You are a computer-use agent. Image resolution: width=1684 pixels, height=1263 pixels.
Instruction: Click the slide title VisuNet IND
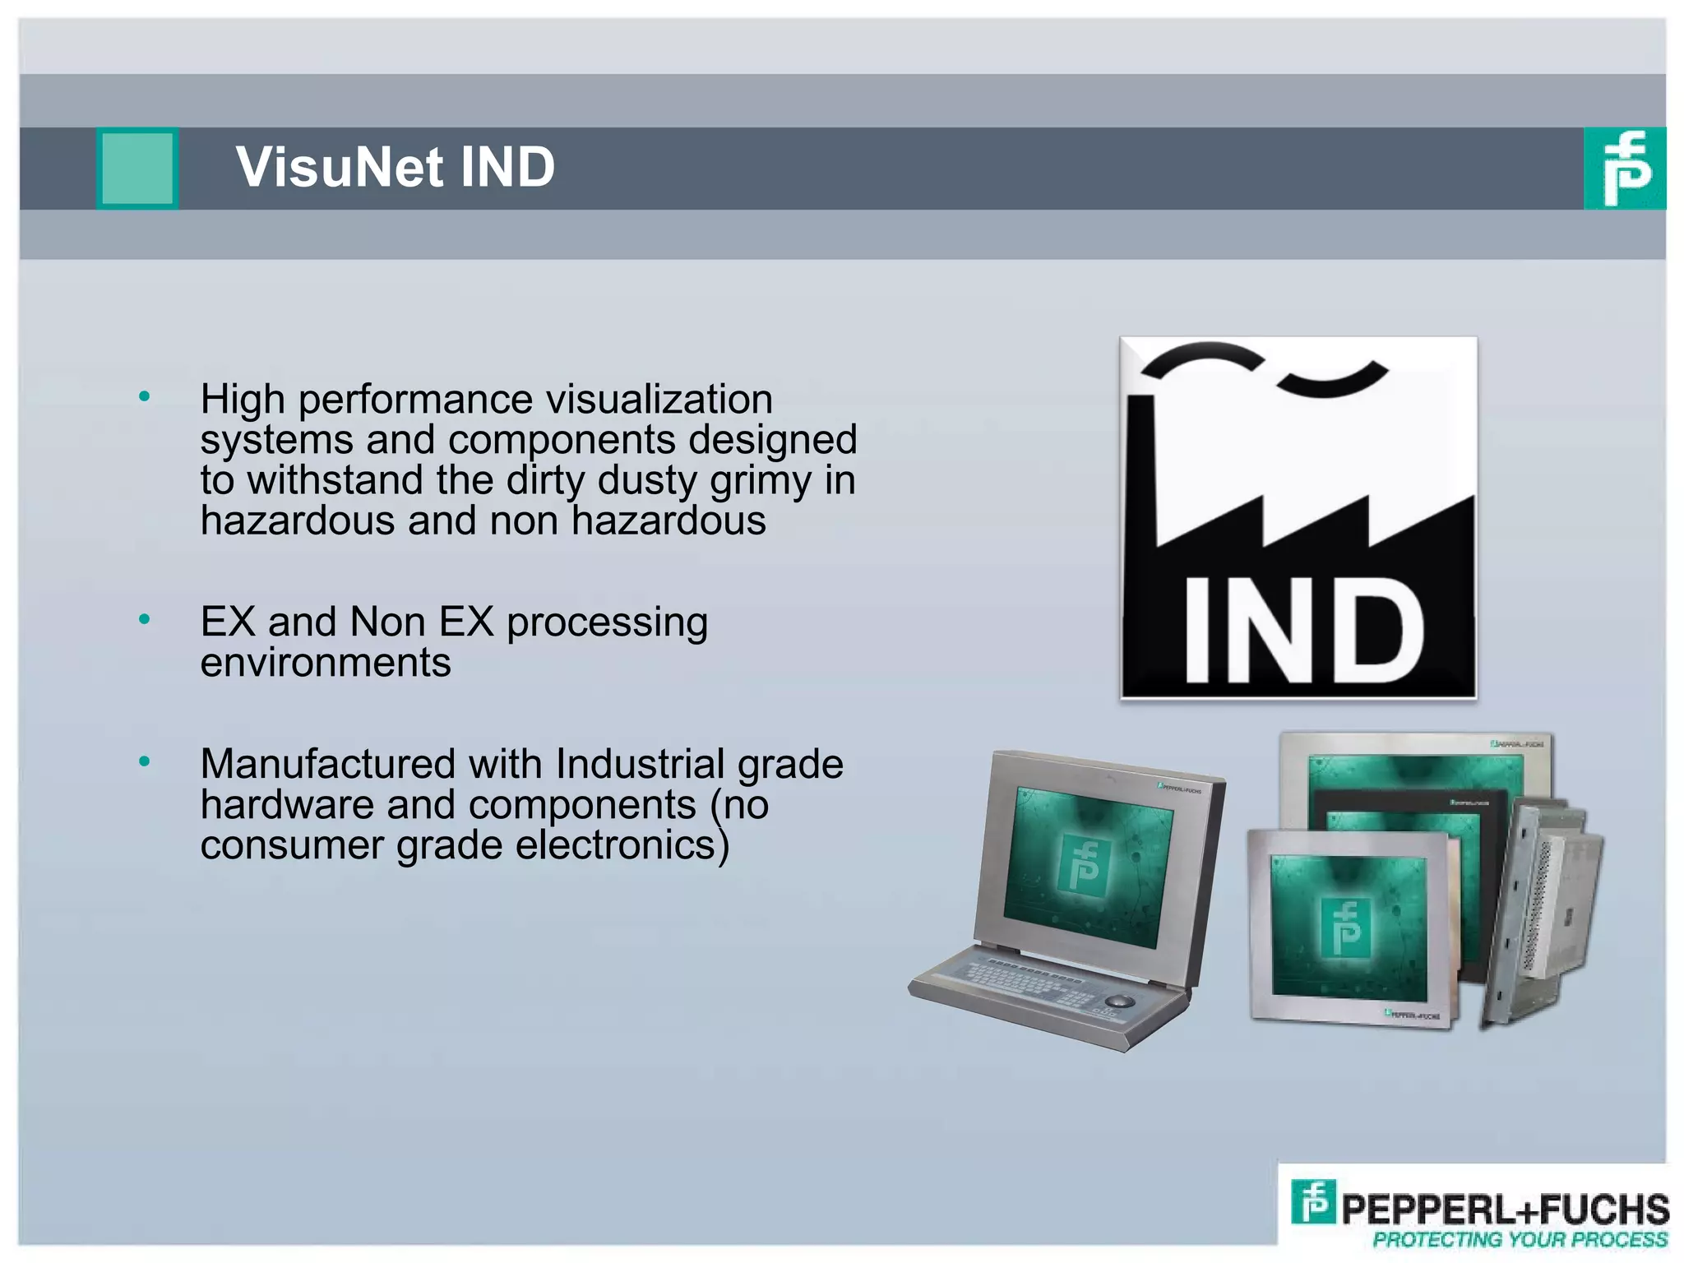[x=396, y=167]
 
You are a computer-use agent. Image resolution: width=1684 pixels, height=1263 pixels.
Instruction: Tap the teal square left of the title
[x=137, y=168]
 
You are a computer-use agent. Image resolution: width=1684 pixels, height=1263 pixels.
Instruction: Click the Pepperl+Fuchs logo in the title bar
[x=1624, y=168]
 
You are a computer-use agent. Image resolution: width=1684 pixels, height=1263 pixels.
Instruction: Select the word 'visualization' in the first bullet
[x=659, y=400]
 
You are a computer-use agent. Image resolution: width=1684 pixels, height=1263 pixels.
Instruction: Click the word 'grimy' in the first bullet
[x=761, y=480]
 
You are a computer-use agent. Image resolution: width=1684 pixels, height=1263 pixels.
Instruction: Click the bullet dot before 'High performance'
[x=145, y=397]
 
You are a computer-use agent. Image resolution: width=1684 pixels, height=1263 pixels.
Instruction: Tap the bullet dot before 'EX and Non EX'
[x=145, y=619]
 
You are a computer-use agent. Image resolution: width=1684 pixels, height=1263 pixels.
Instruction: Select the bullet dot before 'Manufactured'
[x=145, y=762]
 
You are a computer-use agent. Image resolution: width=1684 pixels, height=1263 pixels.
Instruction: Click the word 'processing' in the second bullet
[x=607, y=622]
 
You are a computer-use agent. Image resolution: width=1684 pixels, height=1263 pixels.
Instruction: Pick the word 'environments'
[x=326, y=663]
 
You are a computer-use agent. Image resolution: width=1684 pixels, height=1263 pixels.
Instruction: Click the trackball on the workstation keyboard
[x=1118, y=1001]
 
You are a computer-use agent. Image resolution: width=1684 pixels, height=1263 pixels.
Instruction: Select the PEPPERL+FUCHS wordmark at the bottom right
[x=1505, y=1209]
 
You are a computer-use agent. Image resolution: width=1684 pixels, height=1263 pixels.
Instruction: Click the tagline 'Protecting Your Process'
[x=1520, y=1239]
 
